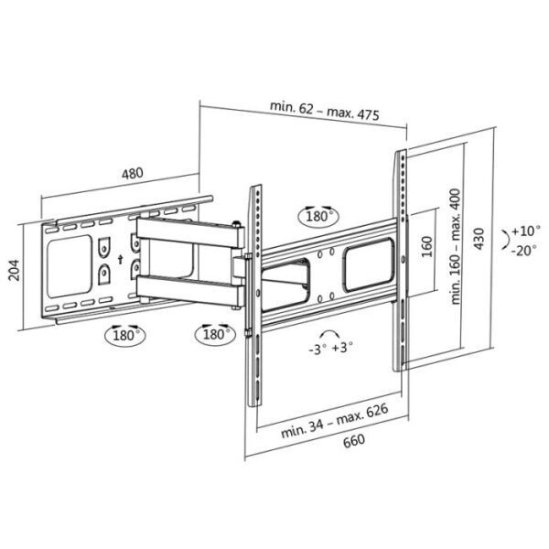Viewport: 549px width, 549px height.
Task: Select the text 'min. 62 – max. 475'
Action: [325, 107]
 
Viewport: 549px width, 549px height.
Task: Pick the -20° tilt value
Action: [525, 251]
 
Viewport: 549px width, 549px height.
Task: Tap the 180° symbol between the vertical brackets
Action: [318, 216]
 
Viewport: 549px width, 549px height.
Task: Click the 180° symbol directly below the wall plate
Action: [127, 334]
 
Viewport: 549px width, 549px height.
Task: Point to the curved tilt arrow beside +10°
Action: [505, 241]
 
